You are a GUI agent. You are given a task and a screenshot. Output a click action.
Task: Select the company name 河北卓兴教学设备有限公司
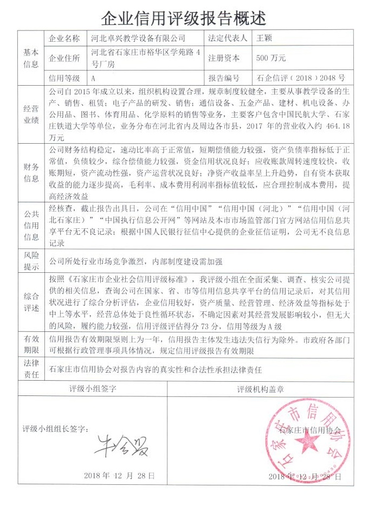point(138,39)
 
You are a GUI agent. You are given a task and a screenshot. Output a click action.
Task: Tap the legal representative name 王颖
point(264,39)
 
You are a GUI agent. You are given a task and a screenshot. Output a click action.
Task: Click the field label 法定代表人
point(228,39)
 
